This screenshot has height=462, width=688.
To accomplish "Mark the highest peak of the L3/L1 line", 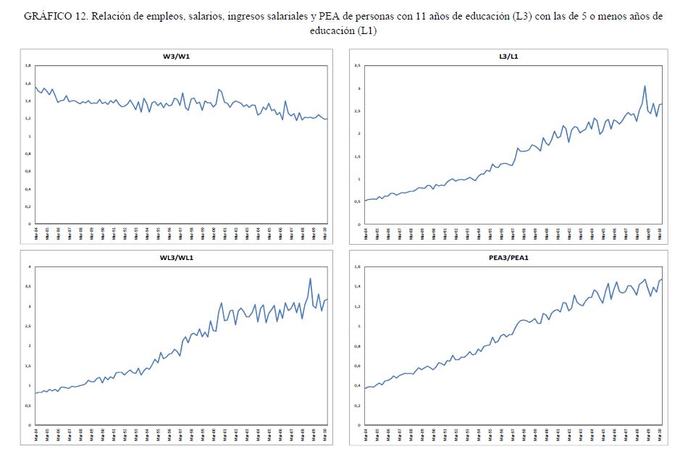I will (x=645, y=86).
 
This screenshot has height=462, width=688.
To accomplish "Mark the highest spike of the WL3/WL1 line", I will (x=310, y=279).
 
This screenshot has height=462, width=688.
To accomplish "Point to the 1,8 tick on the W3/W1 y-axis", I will (x=28, y=66).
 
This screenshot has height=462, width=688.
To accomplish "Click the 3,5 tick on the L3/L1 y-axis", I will (x=357, y=66).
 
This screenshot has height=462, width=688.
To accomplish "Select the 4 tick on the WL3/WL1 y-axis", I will (x=30, y=267).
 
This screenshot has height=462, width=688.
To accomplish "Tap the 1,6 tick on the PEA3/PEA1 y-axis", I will (x=356, y=267).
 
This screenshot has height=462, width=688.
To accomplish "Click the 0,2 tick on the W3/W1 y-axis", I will (x=28, y=206).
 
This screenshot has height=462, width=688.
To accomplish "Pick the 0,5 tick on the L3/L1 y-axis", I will (x=357, y=201).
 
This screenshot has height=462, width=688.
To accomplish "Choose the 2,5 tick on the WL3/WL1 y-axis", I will (x=28, y=327).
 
